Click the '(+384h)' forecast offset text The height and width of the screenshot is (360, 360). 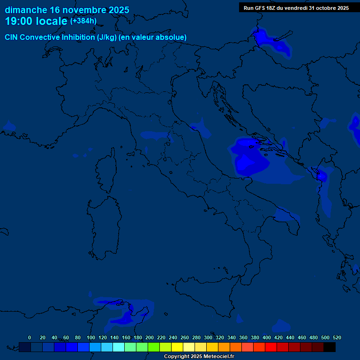[83, 21]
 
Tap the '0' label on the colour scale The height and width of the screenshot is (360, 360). [30, 337]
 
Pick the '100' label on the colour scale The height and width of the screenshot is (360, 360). [91, 337]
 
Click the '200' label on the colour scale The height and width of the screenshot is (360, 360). [150, 337]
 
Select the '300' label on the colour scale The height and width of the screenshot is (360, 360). [208, 337]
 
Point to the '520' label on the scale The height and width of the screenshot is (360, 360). [337, 337]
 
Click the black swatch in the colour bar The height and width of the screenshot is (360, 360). [330, 347]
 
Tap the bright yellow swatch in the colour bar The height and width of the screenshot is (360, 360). [177, 347]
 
